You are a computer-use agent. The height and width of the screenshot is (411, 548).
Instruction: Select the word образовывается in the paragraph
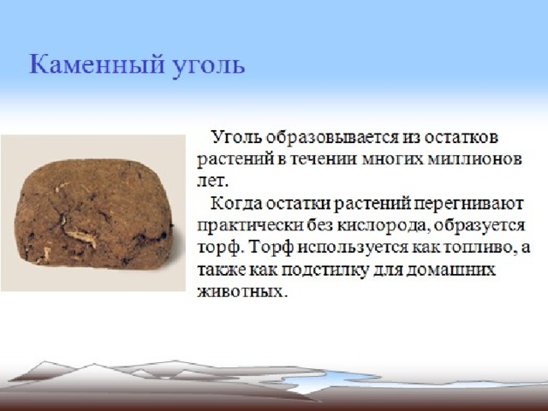(331, 137)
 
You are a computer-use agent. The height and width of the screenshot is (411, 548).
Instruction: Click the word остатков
(461, 137)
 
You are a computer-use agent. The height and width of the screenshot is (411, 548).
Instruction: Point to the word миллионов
(475, 159)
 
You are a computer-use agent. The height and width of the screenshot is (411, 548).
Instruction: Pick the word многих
(392, 160)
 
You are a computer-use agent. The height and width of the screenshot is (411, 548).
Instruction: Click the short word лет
(212, 182)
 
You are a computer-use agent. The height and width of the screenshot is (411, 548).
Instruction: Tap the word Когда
(236, 204)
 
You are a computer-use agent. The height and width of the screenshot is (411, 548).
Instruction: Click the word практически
(250, 226)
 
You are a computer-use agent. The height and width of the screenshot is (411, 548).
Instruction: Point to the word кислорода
(384, 226)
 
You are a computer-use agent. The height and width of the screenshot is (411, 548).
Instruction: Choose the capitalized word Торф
(271, 247)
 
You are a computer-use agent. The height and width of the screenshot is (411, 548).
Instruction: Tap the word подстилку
(325, 271)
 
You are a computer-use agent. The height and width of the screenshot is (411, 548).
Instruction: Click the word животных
(241, 292)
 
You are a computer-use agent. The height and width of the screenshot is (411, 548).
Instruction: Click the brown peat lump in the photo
(93, 214)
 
